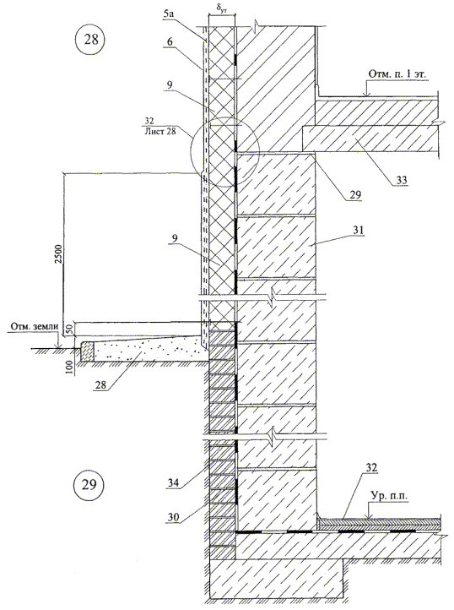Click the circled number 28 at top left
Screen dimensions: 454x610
[x=91, y=40]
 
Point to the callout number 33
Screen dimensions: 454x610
[x=402, y=180]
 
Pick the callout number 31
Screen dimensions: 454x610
[x=358, y=231]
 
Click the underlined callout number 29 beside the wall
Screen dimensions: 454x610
[x=355, y=194]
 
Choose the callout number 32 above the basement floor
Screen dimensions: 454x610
[x=371, y=467]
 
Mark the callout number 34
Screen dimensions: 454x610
[x=173, y=483]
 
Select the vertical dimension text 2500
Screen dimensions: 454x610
[x=58, y=254]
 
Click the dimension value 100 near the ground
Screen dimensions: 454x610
[x=69, y=368]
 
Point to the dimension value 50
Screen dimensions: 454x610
[x=69, y=330]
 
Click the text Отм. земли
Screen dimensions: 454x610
[x=34, y=326]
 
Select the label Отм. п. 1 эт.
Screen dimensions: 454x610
[x=395, y=74]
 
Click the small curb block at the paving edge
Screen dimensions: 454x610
[x=87, y=351]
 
